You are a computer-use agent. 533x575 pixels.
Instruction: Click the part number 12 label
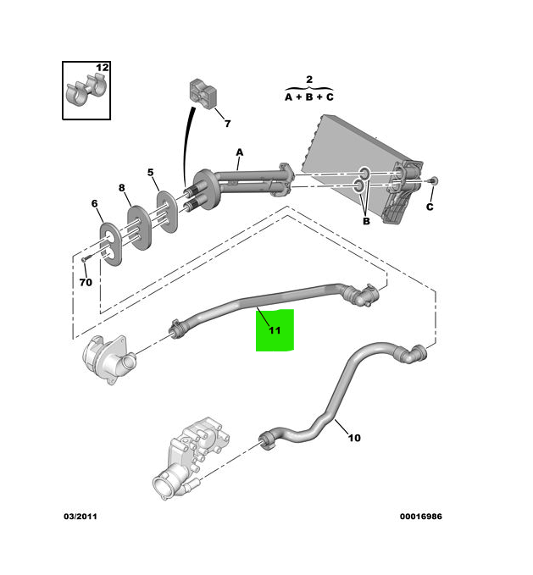coord(102,67)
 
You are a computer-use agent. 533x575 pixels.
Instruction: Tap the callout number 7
coord(226,124)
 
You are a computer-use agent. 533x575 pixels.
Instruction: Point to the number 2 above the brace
coord(308,80)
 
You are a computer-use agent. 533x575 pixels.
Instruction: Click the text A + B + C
coord(308,97)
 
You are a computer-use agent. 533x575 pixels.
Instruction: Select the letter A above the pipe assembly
coord(240,152)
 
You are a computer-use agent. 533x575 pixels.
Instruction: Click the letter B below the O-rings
coord(366,221)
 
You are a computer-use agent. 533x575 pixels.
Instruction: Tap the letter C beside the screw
coord(430,206)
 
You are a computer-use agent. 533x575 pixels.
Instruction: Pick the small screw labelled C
coord(434,180)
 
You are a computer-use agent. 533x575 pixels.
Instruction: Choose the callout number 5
coord(151,173)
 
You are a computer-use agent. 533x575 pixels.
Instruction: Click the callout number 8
coord(121,188)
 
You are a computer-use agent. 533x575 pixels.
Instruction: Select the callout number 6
coord(95,203)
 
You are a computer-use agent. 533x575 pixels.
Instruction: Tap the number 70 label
coord(86,282)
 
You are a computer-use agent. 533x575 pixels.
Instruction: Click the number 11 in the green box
coord(275,330)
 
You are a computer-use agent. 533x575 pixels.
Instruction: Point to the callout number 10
coord(354,438)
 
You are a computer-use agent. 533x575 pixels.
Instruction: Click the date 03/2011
coord(81,516)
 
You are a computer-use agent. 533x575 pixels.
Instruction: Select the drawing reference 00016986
coord(421,516)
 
